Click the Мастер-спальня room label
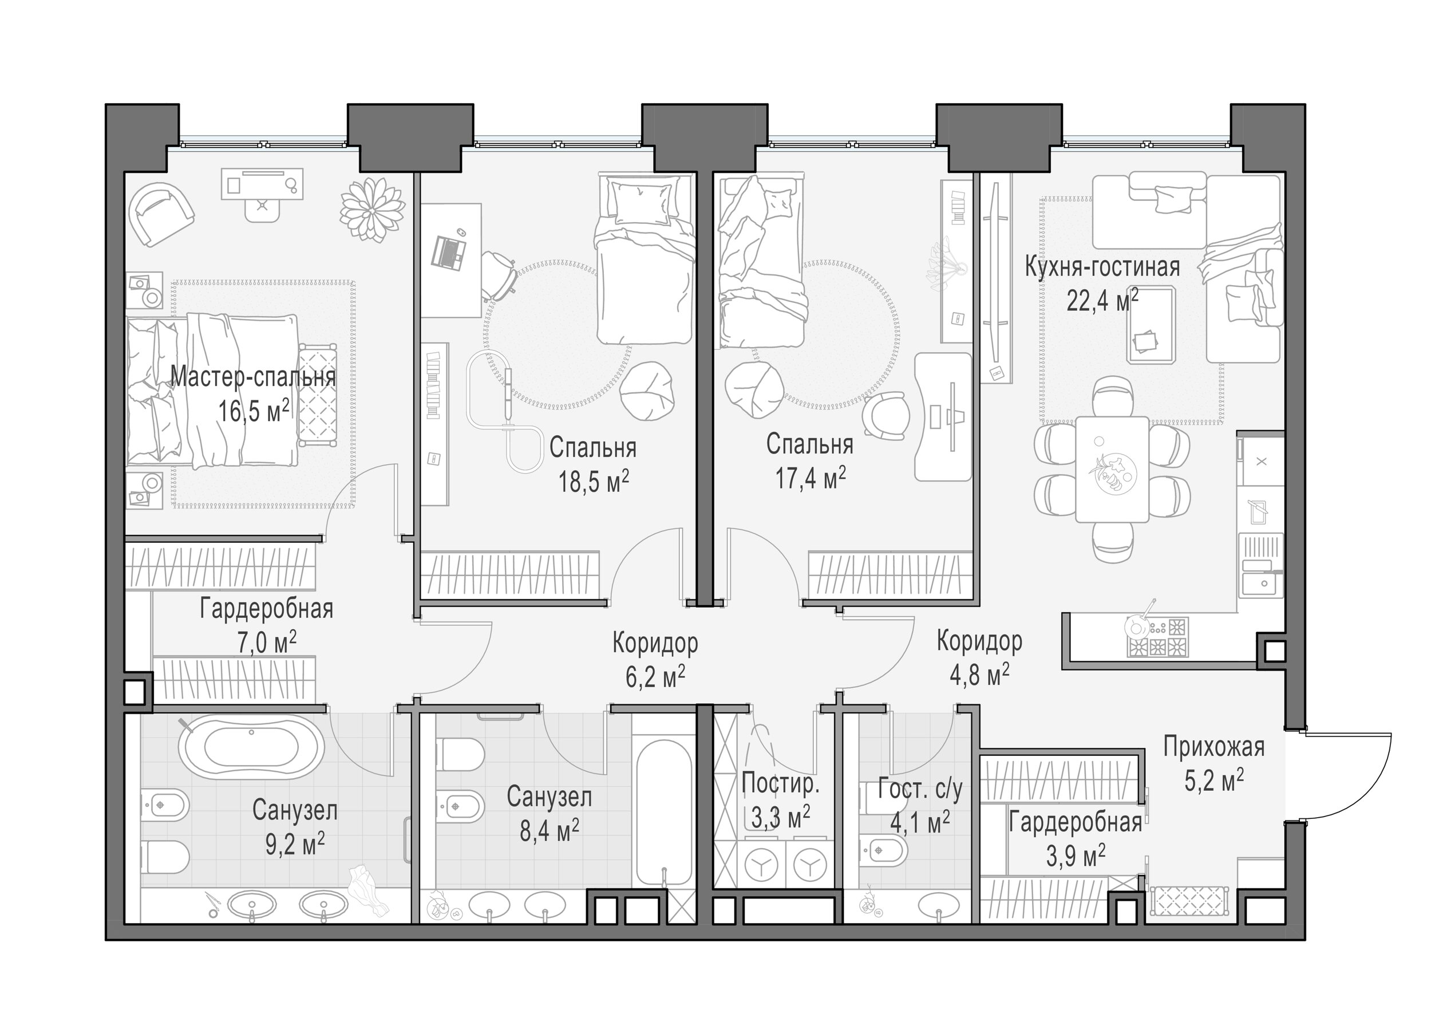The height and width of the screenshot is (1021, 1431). click(253, 377)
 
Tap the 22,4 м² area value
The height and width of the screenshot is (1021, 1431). click(1102, 301)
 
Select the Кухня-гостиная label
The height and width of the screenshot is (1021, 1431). click(1102, 267)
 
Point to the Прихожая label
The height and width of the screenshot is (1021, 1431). click(1213, 747)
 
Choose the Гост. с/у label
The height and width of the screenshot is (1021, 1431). click(920, 790)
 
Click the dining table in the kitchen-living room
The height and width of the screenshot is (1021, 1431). click(1112, 468)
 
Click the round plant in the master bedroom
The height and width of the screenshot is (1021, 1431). click(372, 210)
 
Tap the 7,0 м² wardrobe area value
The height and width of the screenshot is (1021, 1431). click(267, 642)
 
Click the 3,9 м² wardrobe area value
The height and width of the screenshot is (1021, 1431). click(1076, 856)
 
